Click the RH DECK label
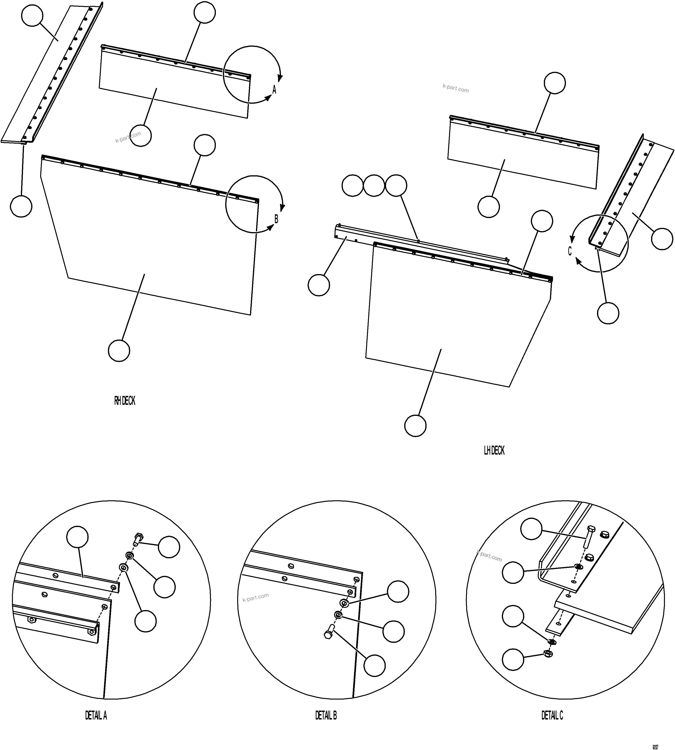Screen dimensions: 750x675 pyautogui.click(x=125, y=401)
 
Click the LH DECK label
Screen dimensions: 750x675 pyautogui.click(x=494, y=450)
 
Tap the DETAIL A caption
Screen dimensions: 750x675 pyautogui.click(x=96, y=715)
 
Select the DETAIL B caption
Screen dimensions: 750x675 pyautogui.click(x=326, y=715)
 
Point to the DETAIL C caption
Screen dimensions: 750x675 pyautogui.click(x=552, y=715)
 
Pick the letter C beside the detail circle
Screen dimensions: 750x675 pyautogui.click(x=570, y=251)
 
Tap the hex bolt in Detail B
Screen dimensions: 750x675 pyautogui.click(x=329, y=632)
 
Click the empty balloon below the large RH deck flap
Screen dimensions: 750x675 pyautogui.click(x=119, y=351)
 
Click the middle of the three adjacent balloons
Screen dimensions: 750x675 pyautogui.click(x=374, y=185)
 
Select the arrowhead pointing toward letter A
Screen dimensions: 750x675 pyautogui.click(x=268, y=98)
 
